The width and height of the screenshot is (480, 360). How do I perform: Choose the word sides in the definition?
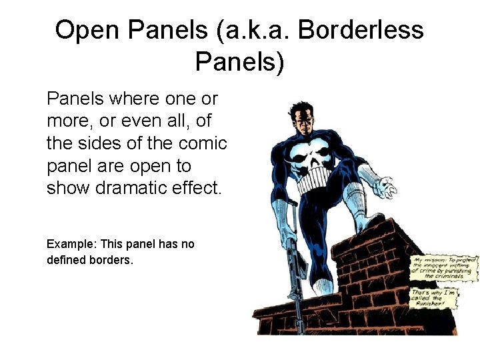pos(107,143)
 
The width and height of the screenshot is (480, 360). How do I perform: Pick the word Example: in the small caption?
pos(71,244)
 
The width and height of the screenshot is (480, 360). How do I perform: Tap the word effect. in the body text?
pos(199,187)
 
